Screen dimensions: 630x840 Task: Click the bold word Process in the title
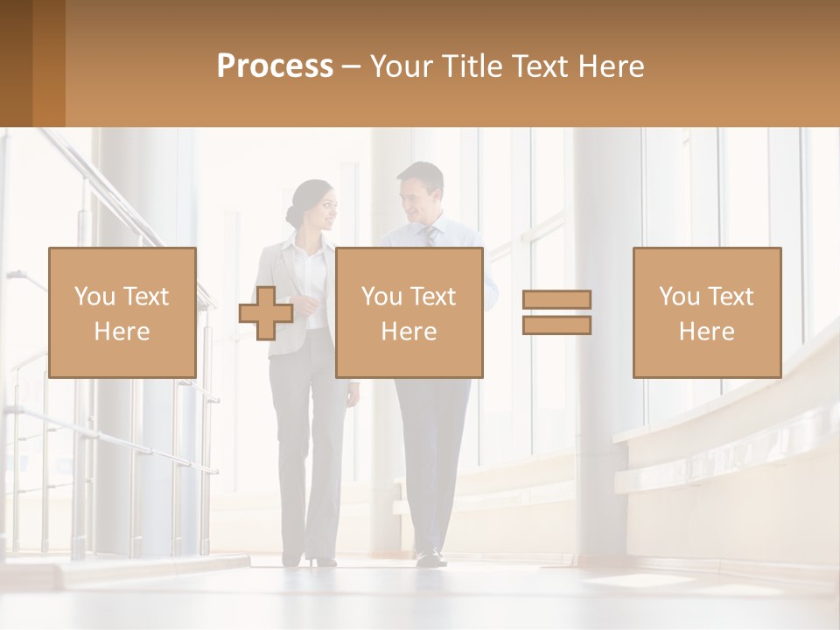[275, 66]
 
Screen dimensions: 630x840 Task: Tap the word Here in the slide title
[609, 66]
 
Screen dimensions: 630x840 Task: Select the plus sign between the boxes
[266, 313]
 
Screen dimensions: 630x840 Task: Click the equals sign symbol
[556, 312]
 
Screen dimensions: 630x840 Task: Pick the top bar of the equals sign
[556, 300]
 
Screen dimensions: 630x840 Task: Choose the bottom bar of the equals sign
[556, 325]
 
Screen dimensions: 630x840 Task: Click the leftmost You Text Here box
[122, 312]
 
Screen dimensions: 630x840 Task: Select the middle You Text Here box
[409, 312]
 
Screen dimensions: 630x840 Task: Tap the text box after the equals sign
[706, 312]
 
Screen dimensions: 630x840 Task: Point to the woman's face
[323, 211]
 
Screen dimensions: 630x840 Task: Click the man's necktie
[430, 236]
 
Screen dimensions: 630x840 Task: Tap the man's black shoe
[430, 557]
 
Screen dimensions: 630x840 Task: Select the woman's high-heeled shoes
[319, 559]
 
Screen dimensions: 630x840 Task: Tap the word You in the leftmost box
[93, 297]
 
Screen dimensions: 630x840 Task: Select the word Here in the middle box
[409, 332]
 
